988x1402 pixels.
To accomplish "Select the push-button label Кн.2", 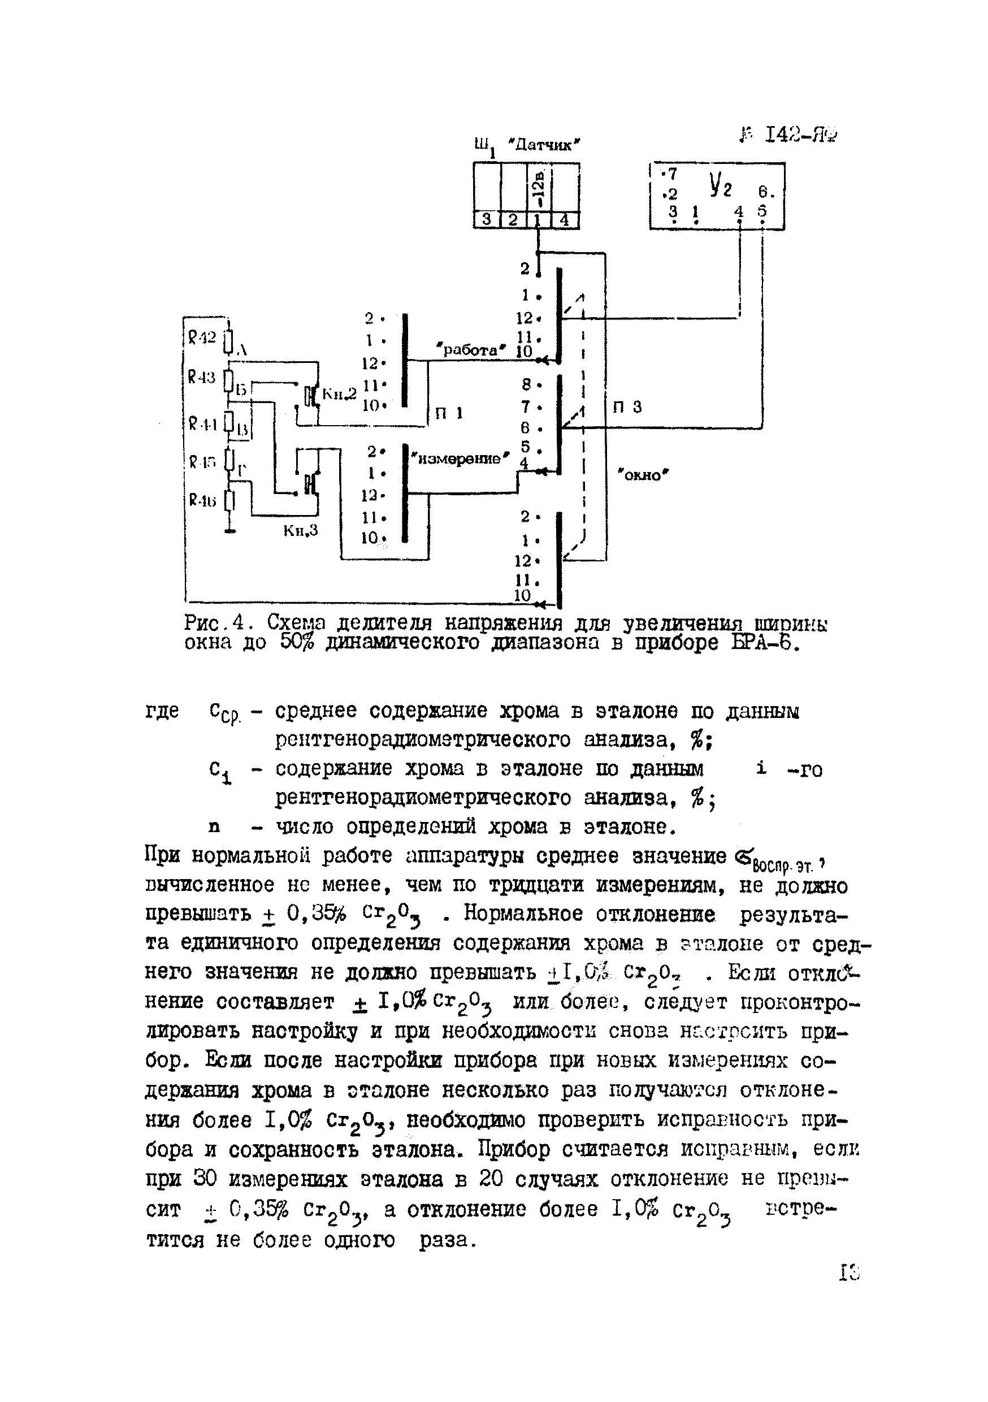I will pos(339,395).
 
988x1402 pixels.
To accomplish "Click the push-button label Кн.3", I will pos(301,530).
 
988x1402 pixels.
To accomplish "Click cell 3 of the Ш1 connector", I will pos(487,219).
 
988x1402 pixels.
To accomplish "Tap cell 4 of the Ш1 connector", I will pos(565,219).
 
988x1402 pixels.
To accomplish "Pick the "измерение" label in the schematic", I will pos(463,458).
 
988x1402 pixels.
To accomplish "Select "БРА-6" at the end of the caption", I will pos(769,643).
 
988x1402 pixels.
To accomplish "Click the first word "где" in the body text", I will pos(162,711).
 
